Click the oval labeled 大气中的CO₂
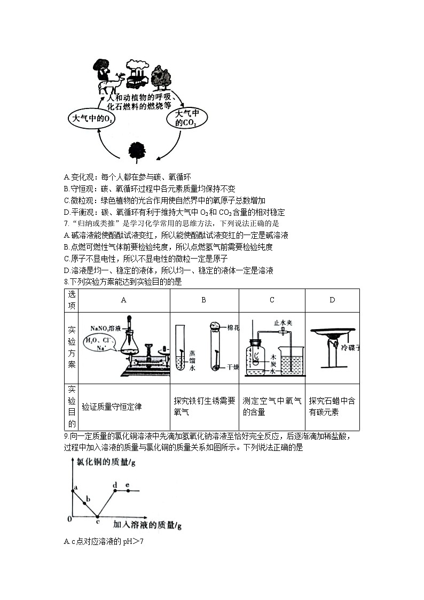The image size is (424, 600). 187,119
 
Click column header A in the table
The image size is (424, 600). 124,300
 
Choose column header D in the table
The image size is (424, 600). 332,300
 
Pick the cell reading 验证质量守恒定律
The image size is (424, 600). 112,407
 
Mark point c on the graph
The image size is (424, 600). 97,517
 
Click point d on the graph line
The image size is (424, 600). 116,490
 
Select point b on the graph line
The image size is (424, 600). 84,503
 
